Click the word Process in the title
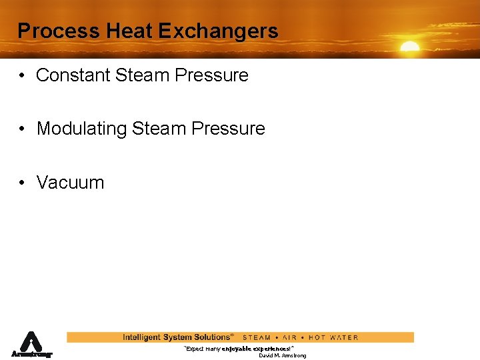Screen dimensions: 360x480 coord(49,31)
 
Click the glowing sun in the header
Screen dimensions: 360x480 coord(409,48)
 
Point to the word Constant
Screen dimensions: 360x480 coord(73,75)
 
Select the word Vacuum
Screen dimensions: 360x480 coord(70,183)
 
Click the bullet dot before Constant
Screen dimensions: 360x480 coord(23,75)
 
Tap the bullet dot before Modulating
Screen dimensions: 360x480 coord(23,129)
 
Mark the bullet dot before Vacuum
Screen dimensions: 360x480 coord(23,183)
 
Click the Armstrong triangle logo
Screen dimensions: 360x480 coord(31,344)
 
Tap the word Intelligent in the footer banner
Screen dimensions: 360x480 coord(141,337)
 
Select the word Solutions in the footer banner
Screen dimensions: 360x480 coord(210,337)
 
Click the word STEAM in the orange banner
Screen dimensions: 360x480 coord(257,337)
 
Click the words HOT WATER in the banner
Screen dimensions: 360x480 coord(333,337)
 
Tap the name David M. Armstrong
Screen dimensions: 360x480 coord(282,356)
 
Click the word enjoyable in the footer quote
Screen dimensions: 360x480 coord(237,349)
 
